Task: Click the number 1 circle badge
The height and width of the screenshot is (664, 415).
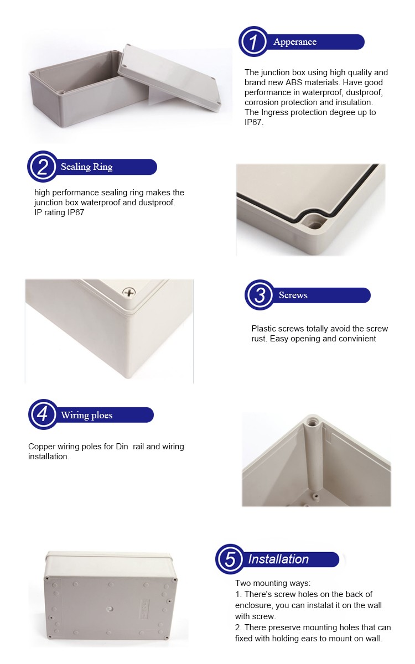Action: (x=254, y=42)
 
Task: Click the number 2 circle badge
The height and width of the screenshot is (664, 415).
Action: (x=43, y=167)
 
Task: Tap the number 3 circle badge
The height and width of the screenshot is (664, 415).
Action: (x=260, y=295)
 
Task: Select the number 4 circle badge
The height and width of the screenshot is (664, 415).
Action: (x=43, y=415)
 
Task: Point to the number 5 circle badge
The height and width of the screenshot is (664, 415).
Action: (x=230, y=559)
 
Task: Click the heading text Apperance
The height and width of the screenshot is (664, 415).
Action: (x=295, y=42)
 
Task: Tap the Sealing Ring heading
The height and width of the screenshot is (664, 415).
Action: (x=86, y=167)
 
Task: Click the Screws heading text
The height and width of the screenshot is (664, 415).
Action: (x=293, y=295)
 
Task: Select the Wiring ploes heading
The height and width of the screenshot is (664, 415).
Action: (x=86, y=415)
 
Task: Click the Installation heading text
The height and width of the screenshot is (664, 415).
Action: (x=278, y=559)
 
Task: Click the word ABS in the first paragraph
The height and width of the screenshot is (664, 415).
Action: (x=312, y=82)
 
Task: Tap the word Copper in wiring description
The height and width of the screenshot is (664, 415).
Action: (x=42, y=447)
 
